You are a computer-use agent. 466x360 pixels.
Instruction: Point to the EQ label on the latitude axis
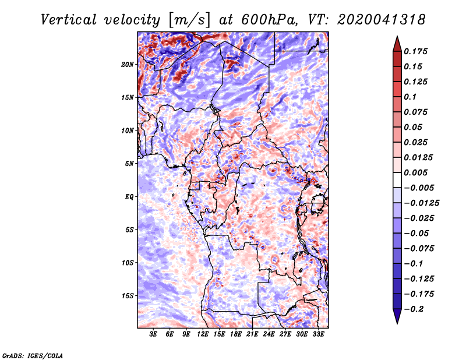click(129, 196)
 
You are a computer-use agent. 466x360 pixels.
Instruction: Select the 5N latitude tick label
click(130, 164)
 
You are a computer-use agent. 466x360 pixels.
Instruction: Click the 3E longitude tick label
click(153, 334)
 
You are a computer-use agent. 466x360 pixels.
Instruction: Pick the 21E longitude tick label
click(252, 334)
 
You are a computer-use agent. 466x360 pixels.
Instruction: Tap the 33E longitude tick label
click(318, 334)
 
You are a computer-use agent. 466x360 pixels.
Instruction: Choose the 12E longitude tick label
click(203, 334)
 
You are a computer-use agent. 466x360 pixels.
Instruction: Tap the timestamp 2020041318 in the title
click(373, 20)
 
